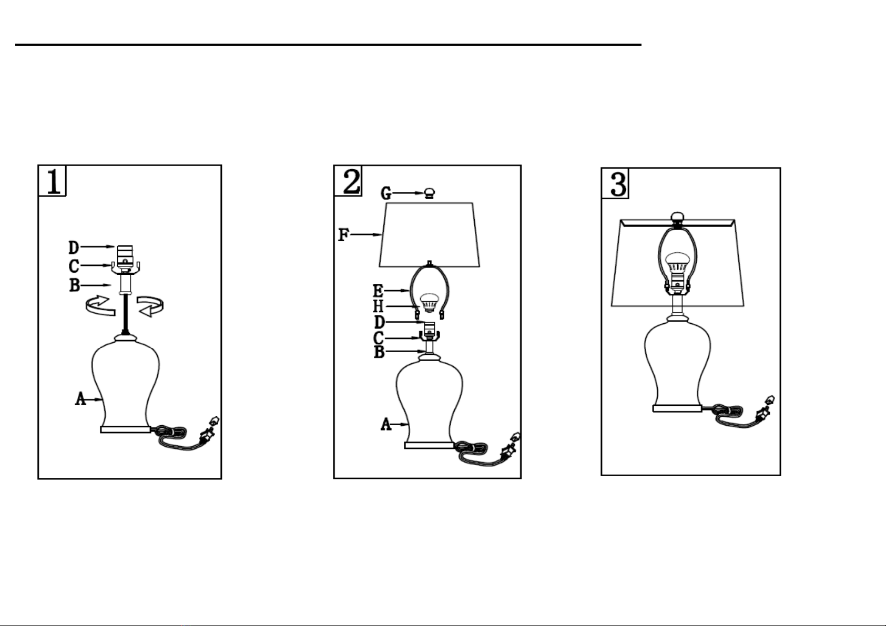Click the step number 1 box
tap(52, 181)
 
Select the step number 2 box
tap(348, 181)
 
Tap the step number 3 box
tap(615, 183)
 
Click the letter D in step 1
tap(74, 248)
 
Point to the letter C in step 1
tap(74, 266)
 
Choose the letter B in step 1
tap(75, 285)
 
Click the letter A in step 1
tap(80, 398)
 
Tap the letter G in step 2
tap(386, 193)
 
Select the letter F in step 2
tap(344, 234)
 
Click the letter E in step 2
tap(378, 291)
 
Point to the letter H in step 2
tap(379, 306)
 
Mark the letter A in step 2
tap(386, 424)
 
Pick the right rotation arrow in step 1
tap(150, 306)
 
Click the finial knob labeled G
tap(430, 193)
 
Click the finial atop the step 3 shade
tap(678, 217)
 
